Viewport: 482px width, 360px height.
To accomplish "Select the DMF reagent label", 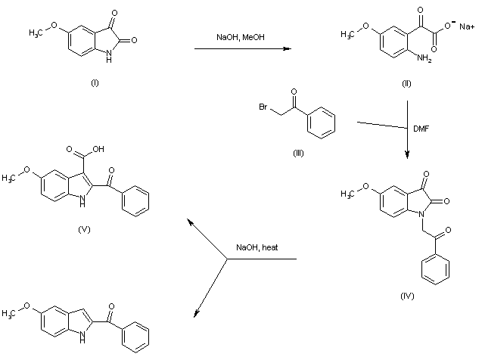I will tap(421, 128).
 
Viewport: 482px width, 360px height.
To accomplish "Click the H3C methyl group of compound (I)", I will tap(39, 32).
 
